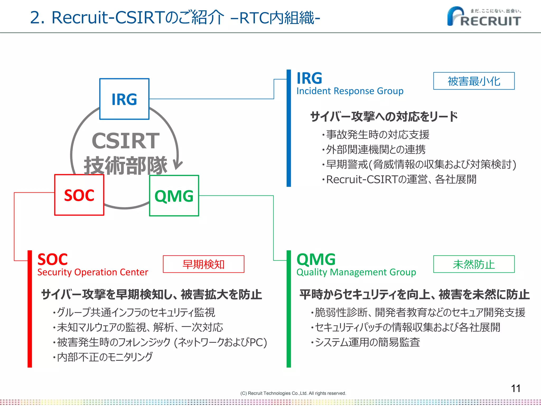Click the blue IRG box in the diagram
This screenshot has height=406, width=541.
[x=124, y=99]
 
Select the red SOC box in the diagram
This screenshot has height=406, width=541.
[x=79, y=195]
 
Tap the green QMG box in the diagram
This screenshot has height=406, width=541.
[x=174, y=196]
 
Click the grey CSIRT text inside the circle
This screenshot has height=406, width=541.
[x=125, y=141]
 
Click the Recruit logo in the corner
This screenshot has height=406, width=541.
[x=484, y=17]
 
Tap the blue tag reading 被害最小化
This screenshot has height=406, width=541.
[x=474, y=81]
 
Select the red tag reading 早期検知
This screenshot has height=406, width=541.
[x=203, y=264]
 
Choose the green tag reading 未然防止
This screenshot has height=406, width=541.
[x=474, y=264]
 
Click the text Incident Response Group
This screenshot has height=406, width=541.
[x=350, y=91]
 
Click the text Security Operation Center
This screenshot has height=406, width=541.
[x=92, y=272]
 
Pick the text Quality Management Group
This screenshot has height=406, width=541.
[x=356, y=272]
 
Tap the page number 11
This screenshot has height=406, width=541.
[x=515, y=388]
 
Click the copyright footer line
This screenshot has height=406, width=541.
[x=293, y=393]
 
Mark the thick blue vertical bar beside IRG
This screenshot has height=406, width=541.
[x=289, y=128]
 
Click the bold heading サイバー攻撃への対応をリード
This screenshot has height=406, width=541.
[x=384, y=117]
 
